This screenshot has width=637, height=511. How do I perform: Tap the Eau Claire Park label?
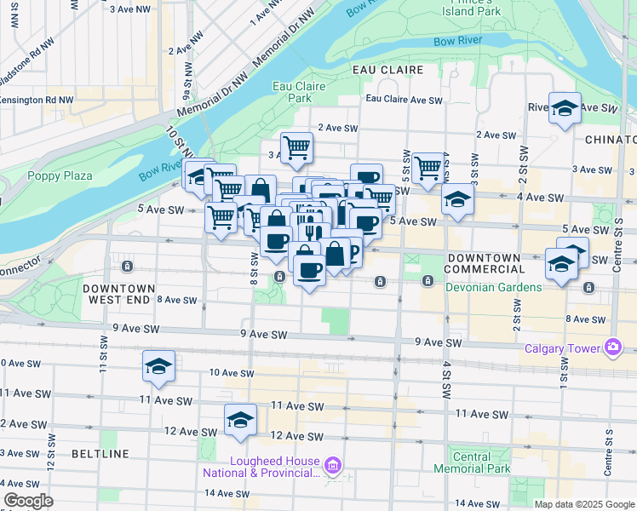292,92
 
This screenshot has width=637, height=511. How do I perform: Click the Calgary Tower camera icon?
612,347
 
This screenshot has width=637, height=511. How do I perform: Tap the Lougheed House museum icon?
333,465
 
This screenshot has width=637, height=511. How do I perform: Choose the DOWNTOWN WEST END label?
119,295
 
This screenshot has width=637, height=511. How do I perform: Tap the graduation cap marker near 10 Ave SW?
158,367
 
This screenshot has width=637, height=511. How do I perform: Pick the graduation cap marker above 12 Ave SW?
241,421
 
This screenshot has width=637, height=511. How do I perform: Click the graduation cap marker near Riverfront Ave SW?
565,108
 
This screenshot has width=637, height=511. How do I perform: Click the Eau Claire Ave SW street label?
404,100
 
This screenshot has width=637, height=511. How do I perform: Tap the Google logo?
28,501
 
